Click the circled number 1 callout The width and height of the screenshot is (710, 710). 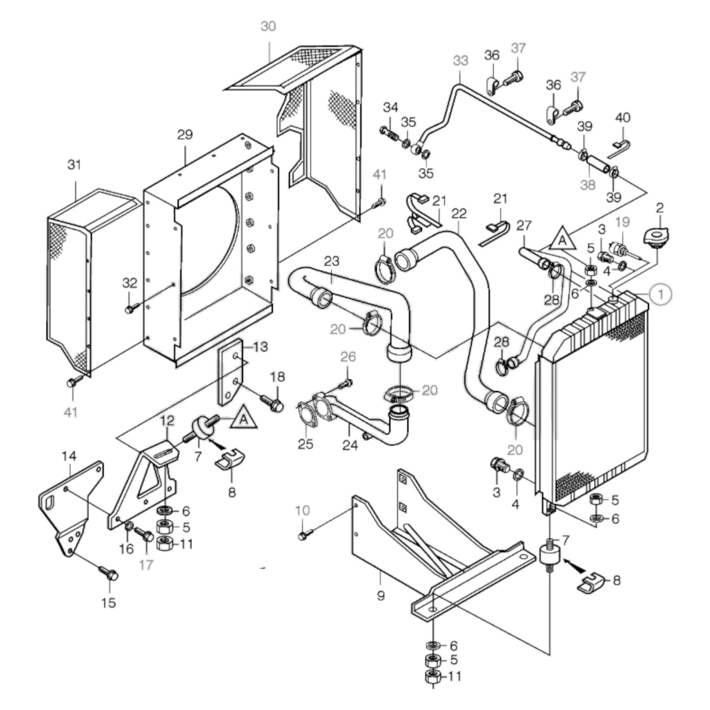(661, 294)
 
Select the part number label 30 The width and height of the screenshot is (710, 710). (268, 26)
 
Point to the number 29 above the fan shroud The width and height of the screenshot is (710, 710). (185, 135)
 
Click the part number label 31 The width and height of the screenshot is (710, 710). (74, 165)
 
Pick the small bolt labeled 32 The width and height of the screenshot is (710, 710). (130, 309)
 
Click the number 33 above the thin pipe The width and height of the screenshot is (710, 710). (460, 61)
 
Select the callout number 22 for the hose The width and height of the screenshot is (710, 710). (458, 214)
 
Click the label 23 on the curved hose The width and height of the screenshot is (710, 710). (332, 261)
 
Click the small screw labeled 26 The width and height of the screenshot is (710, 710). (347, 382)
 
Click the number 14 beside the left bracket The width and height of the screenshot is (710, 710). (69, 456)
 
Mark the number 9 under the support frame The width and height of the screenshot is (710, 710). (380, 596)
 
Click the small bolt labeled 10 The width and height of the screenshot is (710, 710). (303, 536)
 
